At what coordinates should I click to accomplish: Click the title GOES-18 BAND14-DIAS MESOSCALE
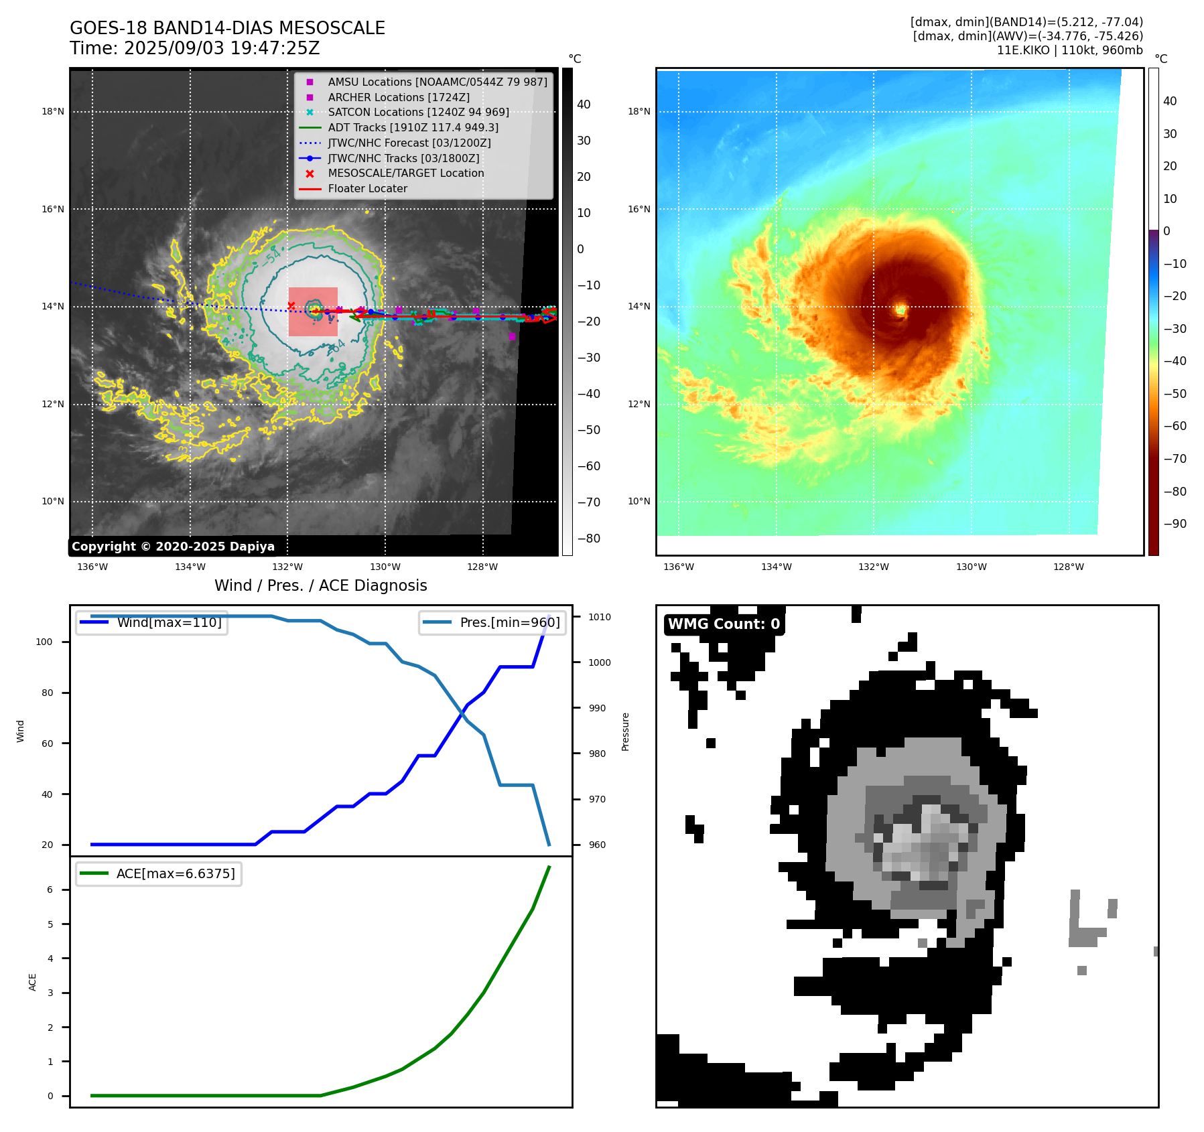click(x=227, y=28)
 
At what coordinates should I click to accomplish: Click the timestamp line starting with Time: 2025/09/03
click(x=194, y=48)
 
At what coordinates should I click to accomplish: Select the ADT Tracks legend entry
click(x=413, y=127)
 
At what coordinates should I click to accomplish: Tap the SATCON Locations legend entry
click(x=418, y=112)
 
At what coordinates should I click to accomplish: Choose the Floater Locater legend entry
click(x=367, y=188)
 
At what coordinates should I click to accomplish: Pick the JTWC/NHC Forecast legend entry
click(x=409, y=143)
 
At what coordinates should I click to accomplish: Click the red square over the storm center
click(x=313, y=311)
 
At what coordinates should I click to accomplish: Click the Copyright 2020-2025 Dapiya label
click(x=173, y=547)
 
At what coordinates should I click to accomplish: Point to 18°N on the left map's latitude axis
click(x=53, y=112)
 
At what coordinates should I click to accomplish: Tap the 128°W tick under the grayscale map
click(x=482, y=567)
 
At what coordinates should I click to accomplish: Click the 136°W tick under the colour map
click(x=679, y=567)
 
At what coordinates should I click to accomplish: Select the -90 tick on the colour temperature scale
click(x=1175, y=524)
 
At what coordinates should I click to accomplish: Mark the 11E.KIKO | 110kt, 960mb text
click(x=1069, y=50)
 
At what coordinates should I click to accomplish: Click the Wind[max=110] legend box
click(x=151, y=622)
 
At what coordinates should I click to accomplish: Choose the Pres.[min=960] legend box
click(x=492, y=622)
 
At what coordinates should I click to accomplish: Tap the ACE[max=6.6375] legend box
click(x=159, y=873)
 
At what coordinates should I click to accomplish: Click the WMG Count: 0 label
click(x=724, y=624)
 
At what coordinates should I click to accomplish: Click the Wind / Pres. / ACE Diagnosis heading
click(x=320, y=585)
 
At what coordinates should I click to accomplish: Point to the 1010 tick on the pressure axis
click(x=600, y=617)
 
